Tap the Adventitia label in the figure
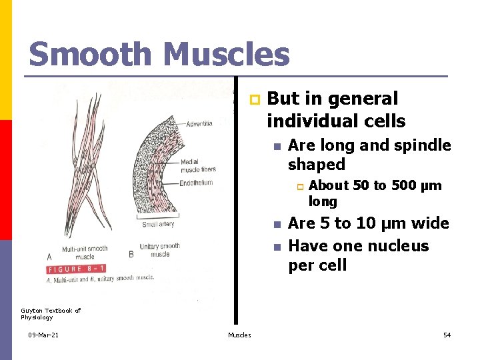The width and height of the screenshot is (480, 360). click(x=199, y=124)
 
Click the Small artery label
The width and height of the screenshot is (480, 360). click(x=157, y=224)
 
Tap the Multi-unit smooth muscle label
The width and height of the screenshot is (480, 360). click(x=85, y=252)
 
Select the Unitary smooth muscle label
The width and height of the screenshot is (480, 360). click(x=159, y=250)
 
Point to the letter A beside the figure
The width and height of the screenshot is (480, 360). click(x=49, y=256)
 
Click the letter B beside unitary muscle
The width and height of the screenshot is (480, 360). click(x=131, y=254)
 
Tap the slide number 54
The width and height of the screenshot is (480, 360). click(x=447, y=335)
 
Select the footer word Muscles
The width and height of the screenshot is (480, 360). click(x=239, y=335)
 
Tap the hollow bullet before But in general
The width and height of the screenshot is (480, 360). click(x=253, y=100)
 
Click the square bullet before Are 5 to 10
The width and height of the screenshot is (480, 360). click(x=276, y=224)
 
